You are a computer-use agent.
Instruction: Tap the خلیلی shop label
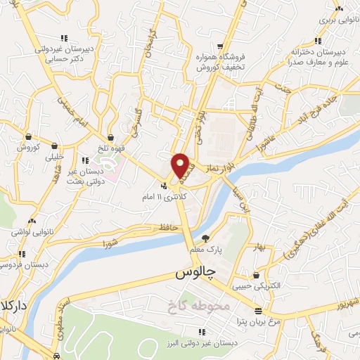[53, 158]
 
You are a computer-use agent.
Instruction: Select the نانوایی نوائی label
[27, 231]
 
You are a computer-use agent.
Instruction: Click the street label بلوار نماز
[219, 169]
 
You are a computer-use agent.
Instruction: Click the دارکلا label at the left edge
[13, 309]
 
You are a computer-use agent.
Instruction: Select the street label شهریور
[344, 303]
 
